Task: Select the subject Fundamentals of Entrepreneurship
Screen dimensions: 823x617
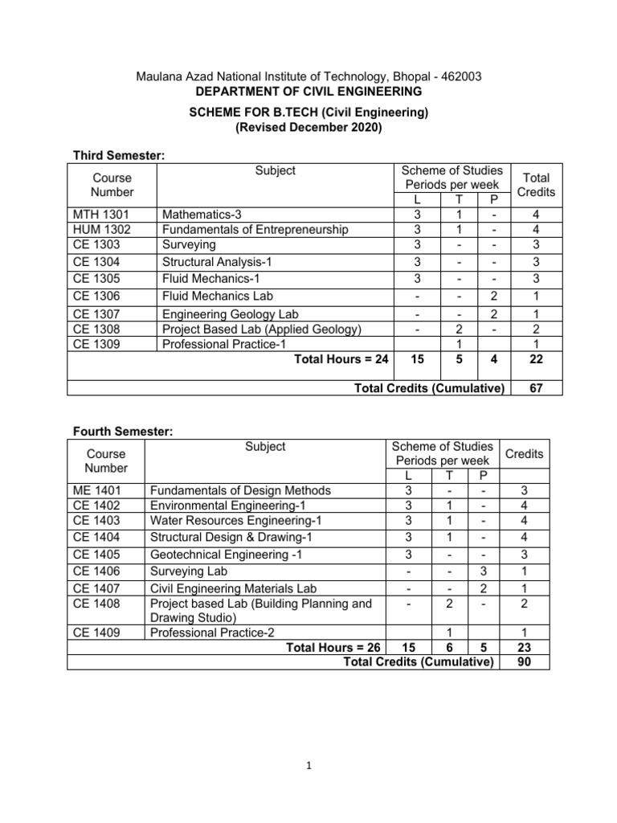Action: point(255,230)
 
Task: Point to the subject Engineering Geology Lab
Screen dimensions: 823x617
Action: point(230,314)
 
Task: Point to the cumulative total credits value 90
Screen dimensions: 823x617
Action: point(524,662)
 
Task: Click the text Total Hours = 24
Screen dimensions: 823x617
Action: point(341,361)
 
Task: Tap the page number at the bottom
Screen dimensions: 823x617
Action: point(308,766)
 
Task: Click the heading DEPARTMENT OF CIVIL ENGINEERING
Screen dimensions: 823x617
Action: point(308,92)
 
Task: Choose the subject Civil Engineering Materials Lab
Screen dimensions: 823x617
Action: point(240,589)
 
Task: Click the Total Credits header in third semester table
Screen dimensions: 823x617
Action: point(536,185)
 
